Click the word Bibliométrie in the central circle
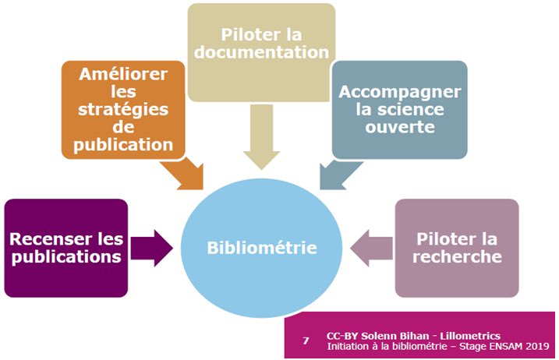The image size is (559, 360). tap(262, 249)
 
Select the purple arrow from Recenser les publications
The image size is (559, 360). tap(152, 249)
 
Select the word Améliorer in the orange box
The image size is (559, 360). tap(124, 75)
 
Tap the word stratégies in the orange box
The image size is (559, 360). tap(124, 109)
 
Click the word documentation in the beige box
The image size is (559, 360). tap(261, 53)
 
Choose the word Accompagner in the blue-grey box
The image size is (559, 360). tap(400, 92)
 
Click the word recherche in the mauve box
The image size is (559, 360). tap(458, 257)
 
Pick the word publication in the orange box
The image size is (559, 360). tap(124, 144)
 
